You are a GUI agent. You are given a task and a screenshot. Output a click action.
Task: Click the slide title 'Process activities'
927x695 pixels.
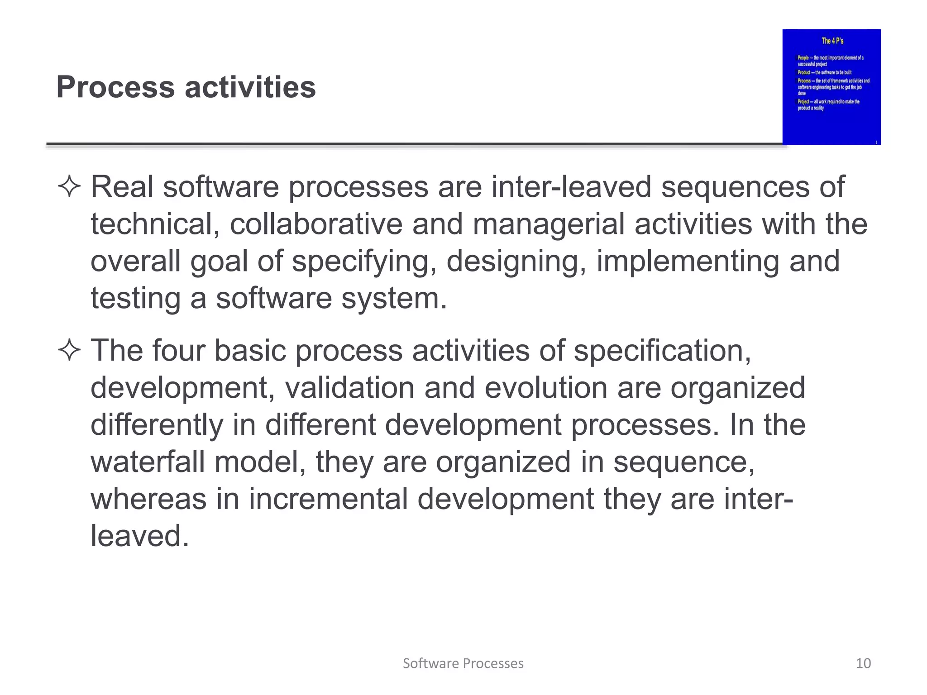[x=186, y=87]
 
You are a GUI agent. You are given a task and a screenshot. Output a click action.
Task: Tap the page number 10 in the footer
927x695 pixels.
[x=863, y=663]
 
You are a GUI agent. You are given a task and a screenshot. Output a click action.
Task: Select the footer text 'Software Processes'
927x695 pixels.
[x=463, y=663]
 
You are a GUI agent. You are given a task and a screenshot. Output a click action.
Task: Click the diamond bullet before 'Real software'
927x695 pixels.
[x=69, y=187]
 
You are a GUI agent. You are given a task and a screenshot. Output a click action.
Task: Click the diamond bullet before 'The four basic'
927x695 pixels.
[x=69, y=351]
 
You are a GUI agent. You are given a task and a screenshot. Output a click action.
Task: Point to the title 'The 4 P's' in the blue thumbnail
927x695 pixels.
[x=832, y=41]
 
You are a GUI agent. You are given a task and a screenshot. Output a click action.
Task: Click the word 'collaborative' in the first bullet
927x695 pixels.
[x=316, y=224]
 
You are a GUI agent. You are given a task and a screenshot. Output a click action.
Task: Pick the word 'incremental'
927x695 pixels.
[x=328, y=499]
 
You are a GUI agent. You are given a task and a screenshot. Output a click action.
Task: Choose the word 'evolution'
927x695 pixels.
[x=545, y=388]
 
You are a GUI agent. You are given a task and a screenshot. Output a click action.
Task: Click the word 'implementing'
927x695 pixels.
[x=688, y=262]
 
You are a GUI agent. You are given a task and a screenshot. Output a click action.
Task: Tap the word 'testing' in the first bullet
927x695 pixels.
[x=135, y=299]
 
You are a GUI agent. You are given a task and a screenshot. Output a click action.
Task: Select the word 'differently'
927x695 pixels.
[x=157, y=425]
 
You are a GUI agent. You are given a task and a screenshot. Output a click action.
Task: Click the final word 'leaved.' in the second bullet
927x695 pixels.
[x=139, y=536]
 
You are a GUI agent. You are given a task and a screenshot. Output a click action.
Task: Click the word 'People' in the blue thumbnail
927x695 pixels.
[x=803, y=58]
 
